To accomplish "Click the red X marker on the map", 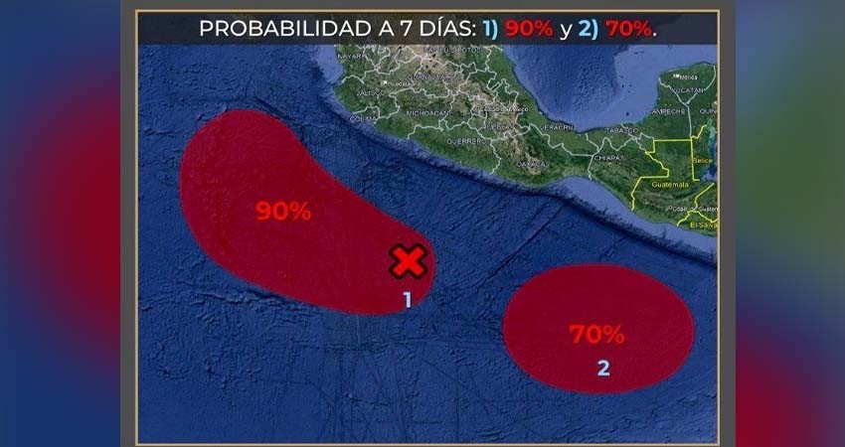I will point(408,261).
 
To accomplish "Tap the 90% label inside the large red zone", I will point(283,211).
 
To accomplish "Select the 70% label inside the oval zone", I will point(596,334).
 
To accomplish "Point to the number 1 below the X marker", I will point(407,298).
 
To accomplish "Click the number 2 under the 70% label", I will point(603,368).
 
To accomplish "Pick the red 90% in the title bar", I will point(528,28).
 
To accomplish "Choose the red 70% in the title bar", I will point(627,28).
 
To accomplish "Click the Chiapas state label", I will point(607,157).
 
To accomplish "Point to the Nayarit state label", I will point(352,58).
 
